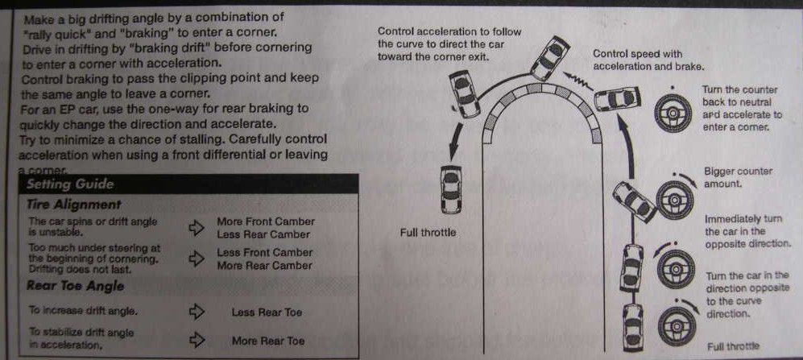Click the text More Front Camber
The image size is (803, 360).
(x=266, y=221)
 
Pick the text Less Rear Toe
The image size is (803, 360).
(x=267, y=312)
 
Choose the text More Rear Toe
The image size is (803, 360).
(x=267, y=341)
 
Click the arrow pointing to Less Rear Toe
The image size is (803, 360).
(x=197, y=312)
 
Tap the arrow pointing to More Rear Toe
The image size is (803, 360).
(x=197, y=340)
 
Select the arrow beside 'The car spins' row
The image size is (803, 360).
(x=197, y=228)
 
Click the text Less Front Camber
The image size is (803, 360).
(x=264, y=252)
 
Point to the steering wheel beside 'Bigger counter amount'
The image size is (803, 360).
(x=675, y=197)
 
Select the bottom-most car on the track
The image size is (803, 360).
(x=633, y=323)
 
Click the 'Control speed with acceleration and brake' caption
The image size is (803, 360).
(x=648, y=60)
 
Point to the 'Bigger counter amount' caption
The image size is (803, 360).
(x=737, y=177)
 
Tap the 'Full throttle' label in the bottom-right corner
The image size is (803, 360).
(x=732, y=346)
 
